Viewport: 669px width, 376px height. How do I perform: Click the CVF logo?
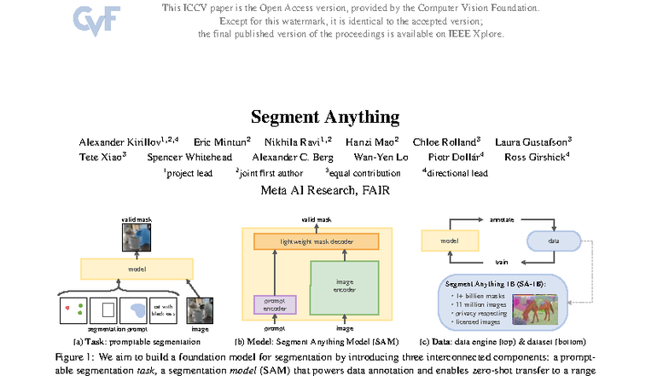(x=97, y=18)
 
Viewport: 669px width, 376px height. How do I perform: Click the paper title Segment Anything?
(x=325, y=117)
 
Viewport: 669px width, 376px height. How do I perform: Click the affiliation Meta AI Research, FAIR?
(x=325, y=190)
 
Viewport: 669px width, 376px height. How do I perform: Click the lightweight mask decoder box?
(x=317, y=242)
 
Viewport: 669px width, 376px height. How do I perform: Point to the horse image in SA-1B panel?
(x=536, y=304)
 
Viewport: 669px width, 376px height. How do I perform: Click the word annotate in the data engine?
(x=501, y=220)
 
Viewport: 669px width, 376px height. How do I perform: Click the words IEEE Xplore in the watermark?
(x=479, y=34)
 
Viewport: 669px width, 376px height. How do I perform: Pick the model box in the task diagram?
(x=137, y=269)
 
